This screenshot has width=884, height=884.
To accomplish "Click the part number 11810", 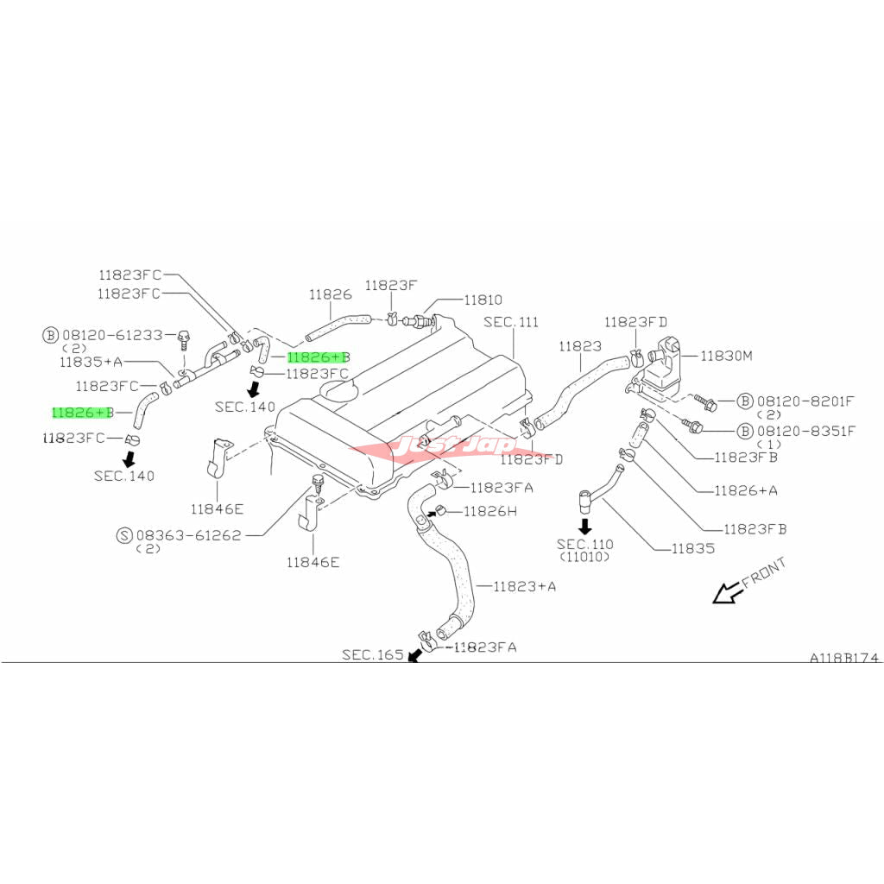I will click(x=483, y=300).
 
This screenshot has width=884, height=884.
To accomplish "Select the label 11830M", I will click(x=726, y=355).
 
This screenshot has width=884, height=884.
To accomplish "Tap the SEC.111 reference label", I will click(x=510, y=322).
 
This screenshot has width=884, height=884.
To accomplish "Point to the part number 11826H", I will click(x=489, y=511).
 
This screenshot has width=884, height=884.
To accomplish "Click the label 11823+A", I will click(x=524, y=586).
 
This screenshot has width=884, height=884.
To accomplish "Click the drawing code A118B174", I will click(x=843, y=658).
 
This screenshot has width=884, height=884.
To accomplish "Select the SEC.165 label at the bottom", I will click(x=372, y=655).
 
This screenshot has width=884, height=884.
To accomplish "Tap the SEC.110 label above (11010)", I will click(x=584, y=544).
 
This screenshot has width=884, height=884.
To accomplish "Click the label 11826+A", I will click(x=745, y=490).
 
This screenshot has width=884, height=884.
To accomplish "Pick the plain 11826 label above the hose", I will click(x=331, y=294).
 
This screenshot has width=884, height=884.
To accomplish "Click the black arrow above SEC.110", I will click(x=584, y=526).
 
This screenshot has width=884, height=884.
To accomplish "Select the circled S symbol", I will click(x=124, y=535).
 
